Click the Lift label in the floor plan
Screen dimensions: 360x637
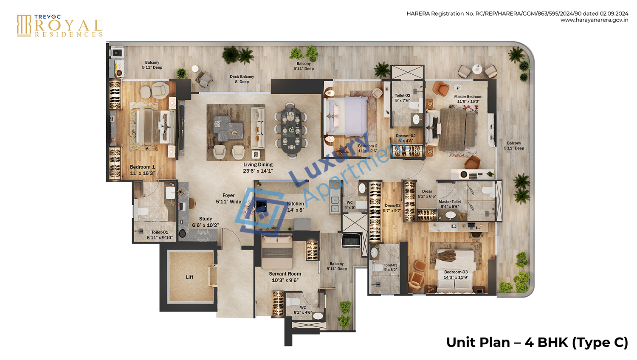pos(189,277)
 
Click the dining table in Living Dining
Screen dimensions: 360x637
pos(291,130)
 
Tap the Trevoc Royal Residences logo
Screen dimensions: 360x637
pos(59,26)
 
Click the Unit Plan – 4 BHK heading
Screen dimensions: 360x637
pos(537,342)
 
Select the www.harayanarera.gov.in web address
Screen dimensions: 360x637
pos(594,20)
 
